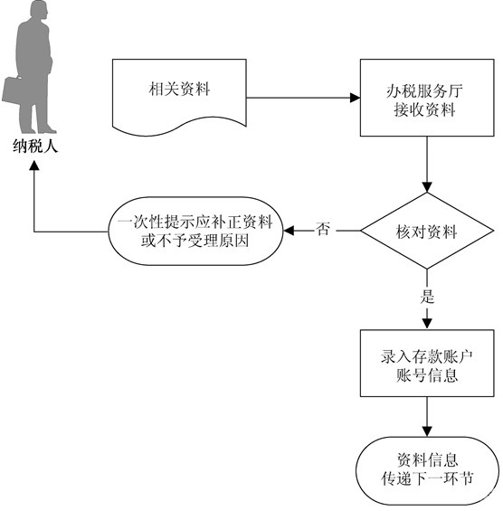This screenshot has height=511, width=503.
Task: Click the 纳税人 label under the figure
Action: [x=35, y=146]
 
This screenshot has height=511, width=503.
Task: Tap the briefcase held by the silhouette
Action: [x=13, y=90]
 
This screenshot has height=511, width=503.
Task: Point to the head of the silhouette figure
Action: [x=39, y=9]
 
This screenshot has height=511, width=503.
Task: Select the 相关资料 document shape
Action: [x=179, y=97]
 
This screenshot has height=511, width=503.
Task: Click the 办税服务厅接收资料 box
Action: [x=427, y=98]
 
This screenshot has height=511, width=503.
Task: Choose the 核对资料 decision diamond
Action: [x=427, y=231]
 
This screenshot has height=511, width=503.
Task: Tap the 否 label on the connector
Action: [x=322, y=229]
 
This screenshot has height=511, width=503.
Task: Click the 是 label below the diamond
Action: [x=427, y=297]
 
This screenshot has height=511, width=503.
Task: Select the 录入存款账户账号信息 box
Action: [x=427, y=363]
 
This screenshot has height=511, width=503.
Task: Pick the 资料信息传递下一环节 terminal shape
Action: [x=427, y=470]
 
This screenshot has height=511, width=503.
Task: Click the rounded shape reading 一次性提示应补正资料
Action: [x=195, y=231]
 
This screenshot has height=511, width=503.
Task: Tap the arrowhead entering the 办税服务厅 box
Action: [x=355, y=98]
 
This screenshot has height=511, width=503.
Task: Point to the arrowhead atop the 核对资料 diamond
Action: [x=427, y=187]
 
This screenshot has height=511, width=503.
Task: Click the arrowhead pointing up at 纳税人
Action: [x=34, y=166]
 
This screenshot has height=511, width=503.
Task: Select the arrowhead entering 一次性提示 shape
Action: [x=289, y=231]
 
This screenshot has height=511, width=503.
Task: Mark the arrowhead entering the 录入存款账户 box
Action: [x=427, y=324]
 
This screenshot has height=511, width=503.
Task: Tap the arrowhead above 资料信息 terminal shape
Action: [x=427, y=431]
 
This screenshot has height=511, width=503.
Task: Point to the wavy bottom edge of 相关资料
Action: [x=179, y=127]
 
